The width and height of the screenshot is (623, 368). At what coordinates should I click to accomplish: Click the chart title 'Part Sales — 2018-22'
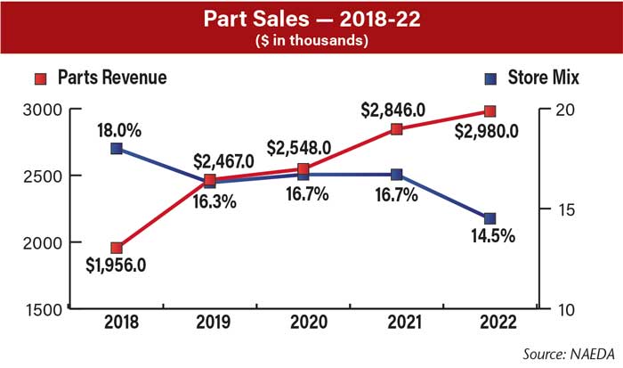(x=311, y=20)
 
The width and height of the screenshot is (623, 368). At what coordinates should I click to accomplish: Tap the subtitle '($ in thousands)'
(x=311, y=40)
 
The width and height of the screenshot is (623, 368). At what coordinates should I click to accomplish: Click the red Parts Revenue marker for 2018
(x=117, y=248)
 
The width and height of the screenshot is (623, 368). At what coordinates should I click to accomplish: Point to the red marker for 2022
(x=490, y=110)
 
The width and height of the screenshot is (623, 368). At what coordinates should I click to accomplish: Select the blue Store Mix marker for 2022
(x=490, y=218)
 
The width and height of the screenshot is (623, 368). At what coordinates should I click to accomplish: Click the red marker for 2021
(x=397, y=129)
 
